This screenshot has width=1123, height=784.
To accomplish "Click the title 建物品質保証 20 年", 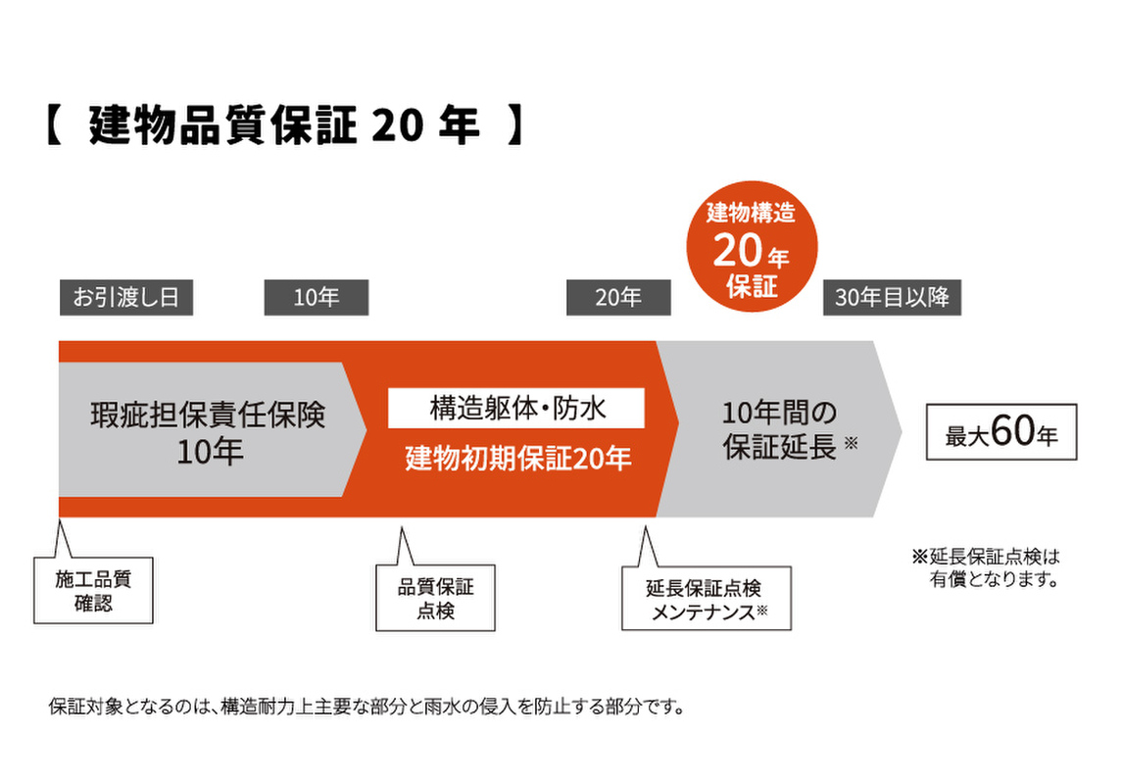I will [x=284, y=127].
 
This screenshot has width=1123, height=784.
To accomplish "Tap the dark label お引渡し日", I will [x=125, y=298].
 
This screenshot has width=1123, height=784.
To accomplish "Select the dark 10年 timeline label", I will [x=316, y=298].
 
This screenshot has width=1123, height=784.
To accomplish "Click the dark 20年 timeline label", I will [x=618, y=298].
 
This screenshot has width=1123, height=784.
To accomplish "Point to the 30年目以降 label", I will [x=892, y=298].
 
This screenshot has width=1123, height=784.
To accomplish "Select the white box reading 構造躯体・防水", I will [x=516, y=408].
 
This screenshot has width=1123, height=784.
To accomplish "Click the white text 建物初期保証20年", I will [x=517, y=458].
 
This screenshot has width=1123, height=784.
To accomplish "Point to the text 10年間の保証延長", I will [x=780, y=429].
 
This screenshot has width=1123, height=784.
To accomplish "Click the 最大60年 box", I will [x=1001, y=432].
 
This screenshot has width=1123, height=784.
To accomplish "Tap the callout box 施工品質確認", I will [x=93, y=590].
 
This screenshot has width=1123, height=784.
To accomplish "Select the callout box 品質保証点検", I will [x=435, y=598].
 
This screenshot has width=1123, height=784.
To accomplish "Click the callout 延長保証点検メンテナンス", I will [x=705, y=599].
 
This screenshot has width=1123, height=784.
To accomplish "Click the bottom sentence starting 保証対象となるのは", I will [x=365, y=707].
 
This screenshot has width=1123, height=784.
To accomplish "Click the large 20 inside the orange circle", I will [x=737, y=252].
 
